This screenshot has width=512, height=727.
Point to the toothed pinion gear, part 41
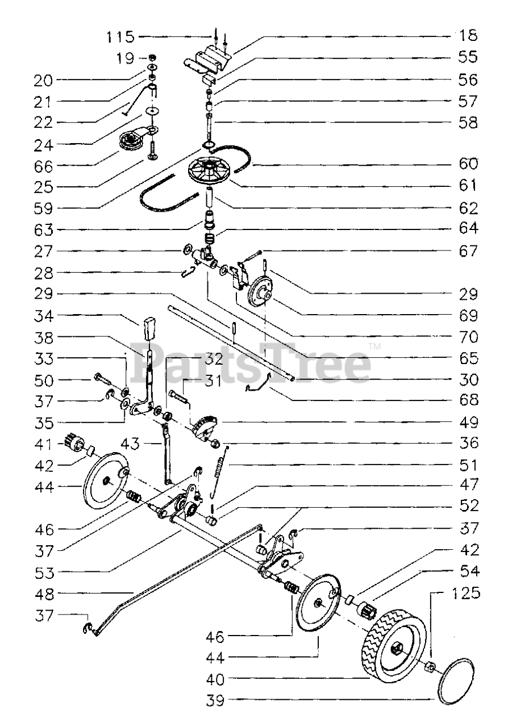click(x=73, y=442)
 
